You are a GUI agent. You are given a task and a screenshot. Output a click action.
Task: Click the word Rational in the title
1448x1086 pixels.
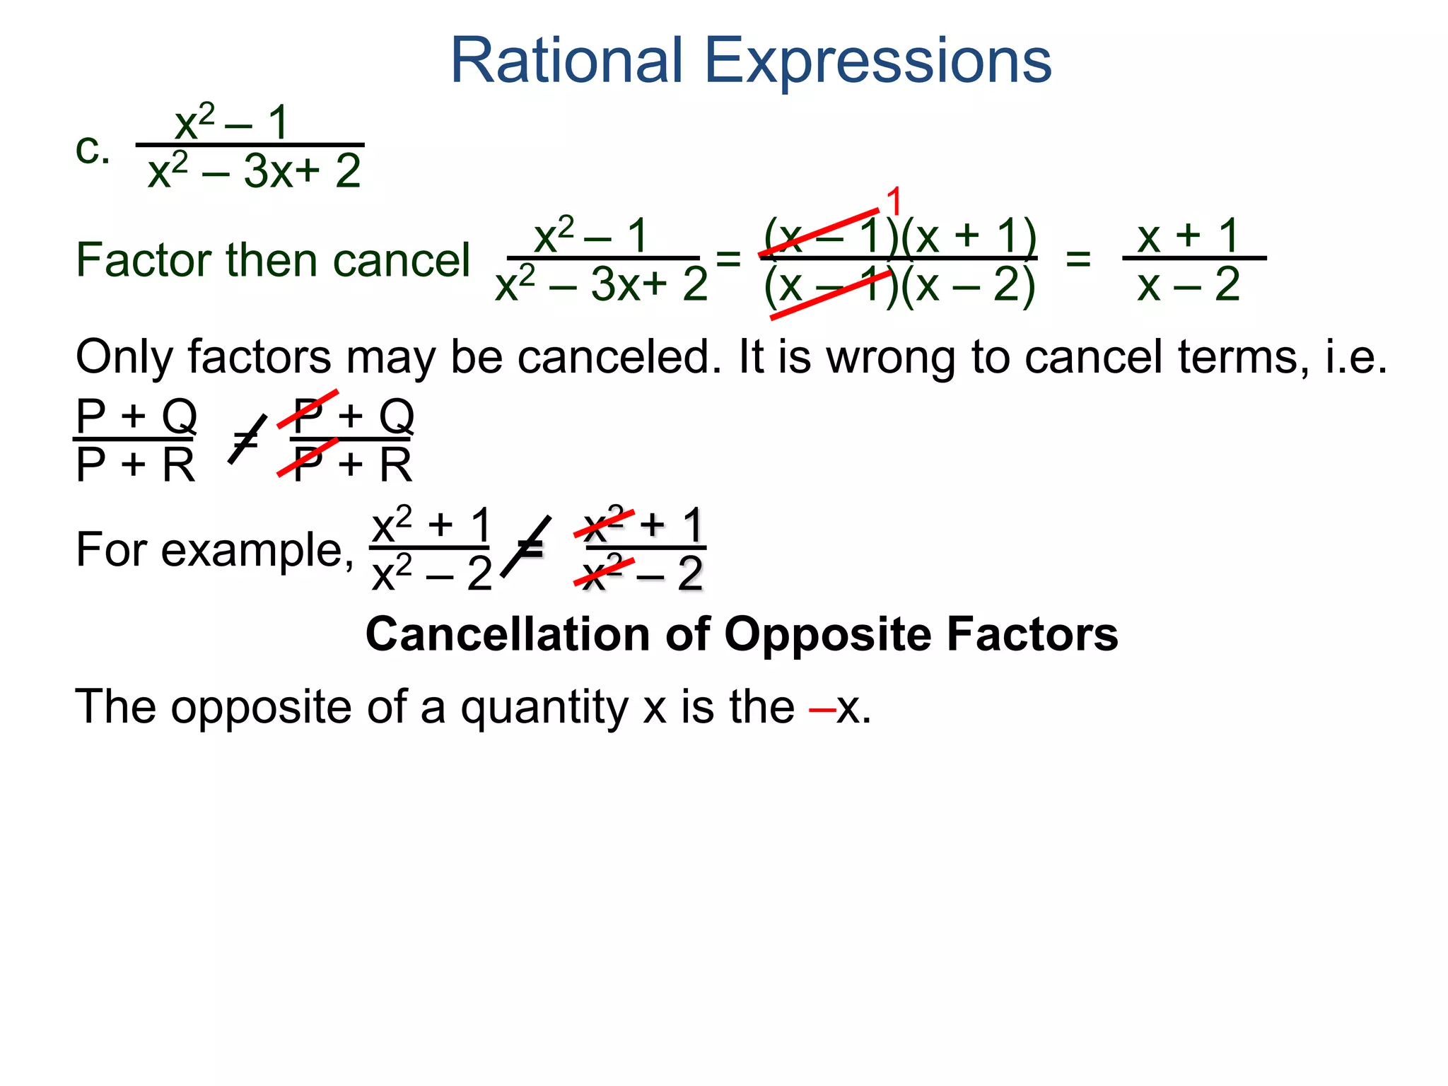point(566,62)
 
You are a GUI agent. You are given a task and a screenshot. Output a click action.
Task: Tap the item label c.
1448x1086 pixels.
point(93,150)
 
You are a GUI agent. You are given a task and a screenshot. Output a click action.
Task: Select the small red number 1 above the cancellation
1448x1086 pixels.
point(894,202)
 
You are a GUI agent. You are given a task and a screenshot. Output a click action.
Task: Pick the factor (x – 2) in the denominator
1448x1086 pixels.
point(969,286)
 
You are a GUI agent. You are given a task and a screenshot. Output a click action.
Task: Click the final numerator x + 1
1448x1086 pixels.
point(1188,235)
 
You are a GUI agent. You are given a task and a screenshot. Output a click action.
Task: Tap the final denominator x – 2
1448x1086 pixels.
point(1188,286)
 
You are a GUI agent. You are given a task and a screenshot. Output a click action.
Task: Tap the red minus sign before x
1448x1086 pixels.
point(822,707)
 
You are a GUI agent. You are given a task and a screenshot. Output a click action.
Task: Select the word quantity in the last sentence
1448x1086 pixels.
point(544,707)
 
